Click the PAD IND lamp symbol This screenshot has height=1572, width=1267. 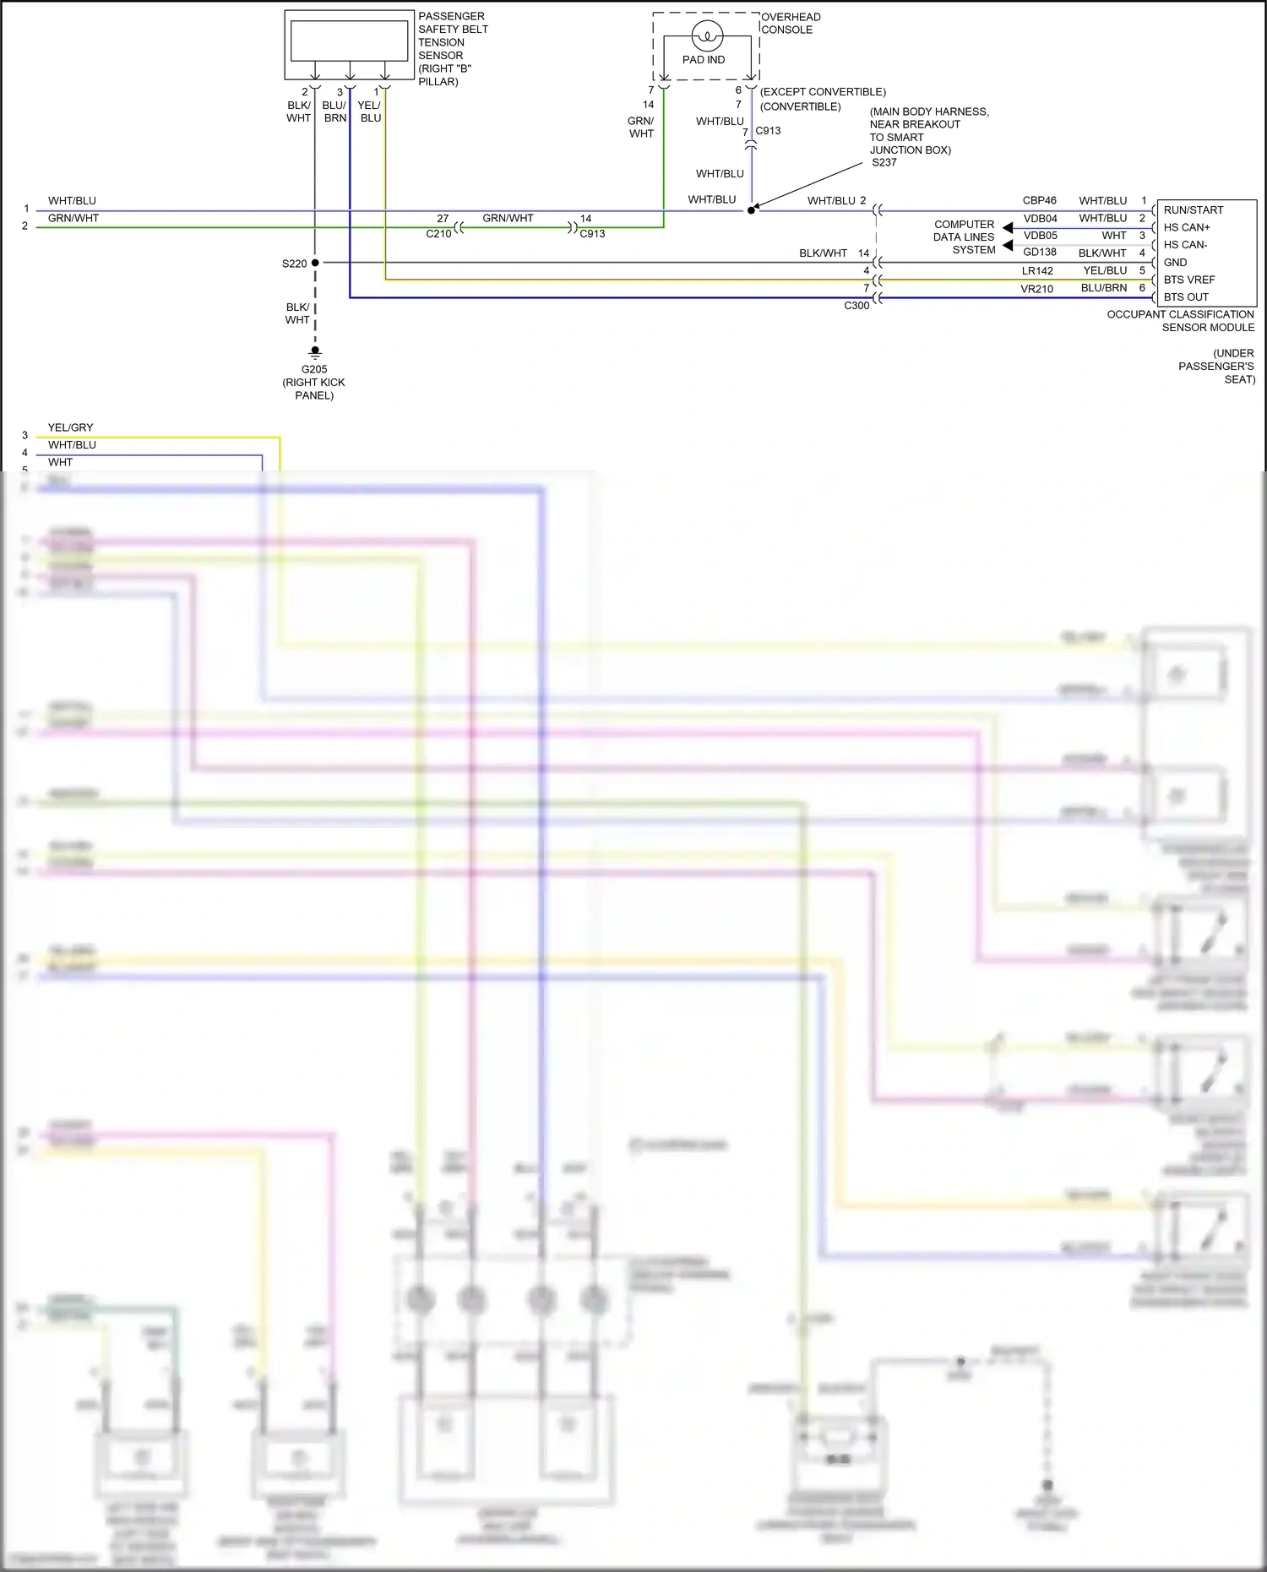[707, 35]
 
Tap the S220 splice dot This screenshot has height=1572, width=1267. [315, 263]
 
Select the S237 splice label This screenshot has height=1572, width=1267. [884, 162]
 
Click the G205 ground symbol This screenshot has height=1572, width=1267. [315, 351]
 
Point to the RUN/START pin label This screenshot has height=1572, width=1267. [1193, 209]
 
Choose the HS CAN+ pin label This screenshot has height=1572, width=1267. [1186, 227]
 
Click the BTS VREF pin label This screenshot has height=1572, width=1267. [1188, 280]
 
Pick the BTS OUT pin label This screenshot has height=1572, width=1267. [1186, 296]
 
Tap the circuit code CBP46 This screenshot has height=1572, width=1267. [1039, 200]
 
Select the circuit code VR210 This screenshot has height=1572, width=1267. [1036, 289]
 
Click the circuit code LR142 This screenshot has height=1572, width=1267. [1037, 271]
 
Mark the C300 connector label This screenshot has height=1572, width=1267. [856, 306]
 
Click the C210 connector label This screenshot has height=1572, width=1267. [438, 234]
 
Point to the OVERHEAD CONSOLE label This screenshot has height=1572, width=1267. [791, 23]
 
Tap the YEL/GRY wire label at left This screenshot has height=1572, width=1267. [70, 427]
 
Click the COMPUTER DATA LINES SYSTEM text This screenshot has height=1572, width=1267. [965, 237]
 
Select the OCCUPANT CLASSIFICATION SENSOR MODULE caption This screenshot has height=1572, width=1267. [1181, 321]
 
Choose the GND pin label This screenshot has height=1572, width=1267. [1175, 262]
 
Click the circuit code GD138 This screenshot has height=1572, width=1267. [1039, 252]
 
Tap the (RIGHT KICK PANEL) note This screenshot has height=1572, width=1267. [314, 389]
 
